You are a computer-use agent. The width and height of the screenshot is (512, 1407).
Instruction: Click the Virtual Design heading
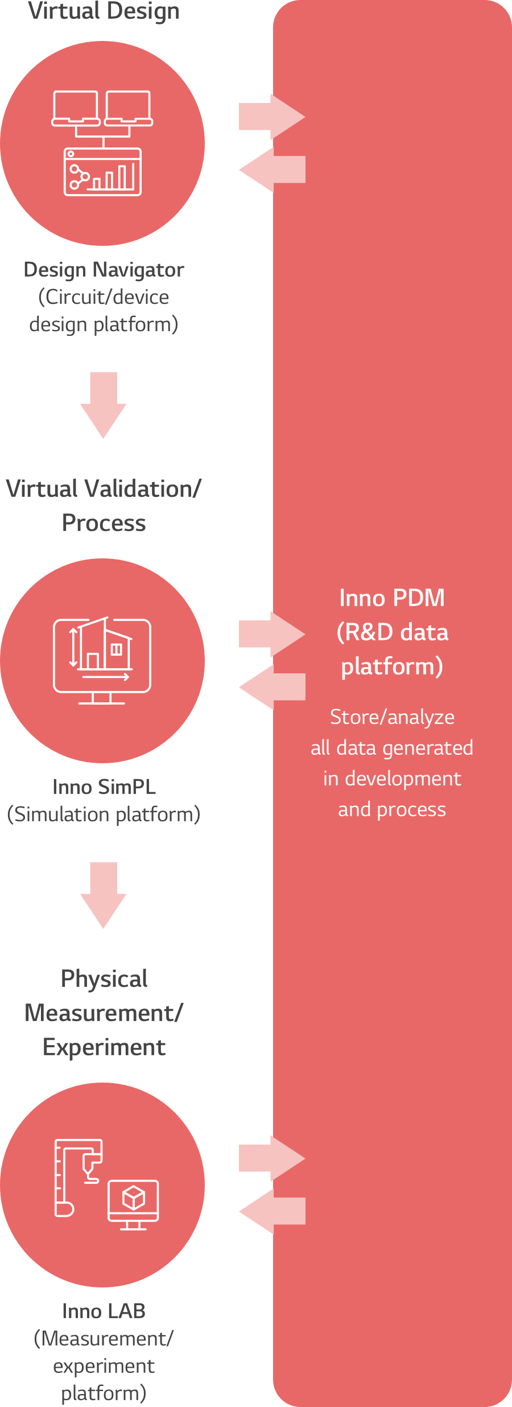[104, 11]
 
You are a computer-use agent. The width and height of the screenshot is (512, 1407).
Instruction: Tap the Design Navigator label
[104, 270]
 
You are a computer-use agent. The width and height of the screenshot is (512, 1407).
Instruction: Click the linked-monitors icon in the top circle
[102, 143]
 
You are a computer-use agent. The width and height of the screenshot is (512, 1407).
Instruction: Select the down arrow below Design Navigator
[103, 404]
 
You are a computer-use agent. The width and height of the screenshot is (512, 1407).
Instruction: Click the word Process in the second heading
[104, 523]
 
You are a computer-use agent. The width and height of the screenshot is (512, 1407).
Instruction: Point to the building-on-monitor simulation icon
[102, 661]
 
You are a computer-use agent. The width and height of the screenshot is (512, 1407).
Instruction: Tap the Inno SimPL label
[104, 787]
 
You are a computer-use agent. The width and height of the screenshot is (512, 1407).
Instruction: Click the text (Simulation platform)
[104, 814]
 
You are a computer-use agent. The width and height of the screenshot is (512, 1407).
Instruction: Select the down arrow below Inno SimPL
[103, 894]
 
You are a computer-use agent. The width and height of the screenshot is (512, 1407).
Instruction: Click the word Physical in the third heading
[104, 979]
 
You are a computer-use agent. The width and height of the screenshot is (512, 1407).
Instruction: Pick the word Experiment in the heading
[104, 1047]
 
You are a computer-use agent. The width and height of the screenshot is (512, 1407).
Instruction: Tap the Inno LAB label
[104, 1311]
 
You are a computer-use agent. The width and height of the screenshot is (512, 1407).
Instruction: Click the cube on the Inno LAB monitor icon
[134, 1198]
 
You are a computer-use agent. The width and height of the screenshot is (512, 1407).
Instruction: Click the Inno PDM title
[392, 598]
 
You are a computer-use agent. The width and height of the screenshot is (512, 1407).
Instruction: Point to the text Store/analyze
[392, 717]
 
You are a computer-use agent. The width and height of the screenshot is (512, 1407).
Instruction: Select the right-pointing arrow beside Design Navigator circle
[272, 117]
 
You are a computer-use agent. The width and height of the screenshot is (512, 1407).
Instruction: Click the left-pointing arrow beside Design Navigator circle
[272, 170]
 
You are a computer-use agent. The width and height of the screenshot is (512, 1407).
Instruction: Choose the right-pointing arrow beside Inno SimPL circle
[272, 634]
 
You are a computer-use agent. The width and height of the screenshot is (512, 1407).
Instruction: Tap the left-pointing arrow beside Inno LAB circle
[272, 1211]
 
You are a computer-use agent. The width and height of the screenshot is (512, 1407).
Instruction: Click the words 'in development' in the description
[392, 779]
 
